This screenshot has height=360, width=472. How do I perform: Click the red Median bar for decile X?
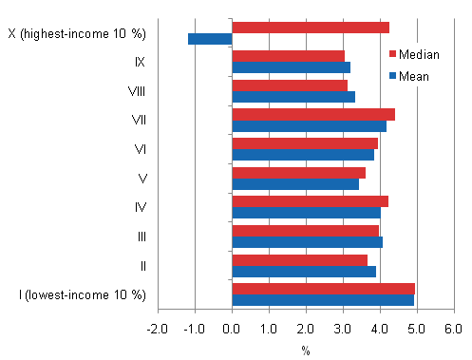311,28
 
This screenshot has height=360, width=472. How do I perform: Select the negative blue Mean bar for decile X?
210,39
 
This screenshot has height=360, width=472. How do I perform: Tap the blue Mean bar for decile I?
323,300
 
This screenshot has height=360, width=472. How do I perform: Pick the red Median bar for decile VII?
313,114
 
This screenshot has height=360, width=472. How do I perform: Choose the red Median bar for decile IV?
310,200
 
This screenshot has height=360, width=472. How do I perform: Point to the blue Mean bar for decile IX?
291,67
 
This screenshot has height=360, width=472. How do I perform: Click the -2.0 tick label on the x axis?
158,328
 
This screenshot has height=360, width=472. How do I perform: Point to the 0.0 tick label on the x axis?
232,328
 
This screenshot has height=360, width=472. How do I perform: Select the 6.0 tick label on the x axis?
453,328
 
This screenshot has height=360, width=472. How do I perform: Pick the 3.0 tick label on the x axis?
343,328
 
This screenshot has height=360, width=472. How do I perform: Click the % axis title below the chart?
306,350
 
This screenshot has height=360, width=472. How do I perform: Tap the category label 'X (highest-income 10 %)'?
77,34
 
